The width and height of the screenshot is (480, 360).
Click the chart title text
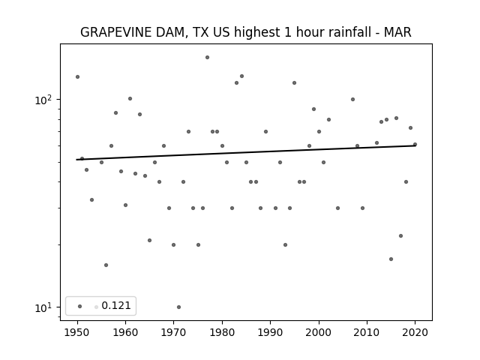(245, 32)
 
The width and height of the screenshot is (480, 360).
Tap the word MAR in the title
(397, 32)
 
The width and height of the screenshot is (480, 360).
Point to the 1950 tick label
(77, 332)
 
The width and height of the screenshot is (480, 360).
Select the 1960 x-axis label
(125, 332)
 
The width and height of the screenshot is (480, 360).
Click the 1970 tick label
(174, 332)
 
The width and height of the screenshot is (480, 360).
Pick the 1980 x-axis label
(222, 332)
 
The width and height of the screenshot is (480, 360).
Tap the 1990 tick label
(270, 332)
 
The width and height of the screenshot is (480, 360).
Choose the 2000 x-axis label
(319, 332)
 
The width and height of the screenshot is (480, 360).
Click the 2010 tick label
(367, 332)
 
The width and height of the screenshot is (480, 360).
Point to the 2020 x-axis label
(415, 332)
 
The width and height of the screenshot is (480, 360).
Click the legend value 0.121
(116, 305)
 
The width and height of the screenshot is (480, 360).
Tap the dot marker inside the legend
(80, 306)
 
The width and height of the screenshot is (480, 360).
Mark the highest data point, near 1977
(207, 57)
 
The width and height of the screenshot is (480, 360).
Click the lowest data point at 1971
(178, 307)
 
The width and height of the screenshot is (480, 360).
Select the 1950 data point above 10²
(77, 76)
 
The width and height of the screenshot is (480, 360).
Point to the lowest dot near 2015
(391, 259)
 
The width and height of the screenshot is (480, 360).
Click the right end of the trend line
(415, 145)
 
